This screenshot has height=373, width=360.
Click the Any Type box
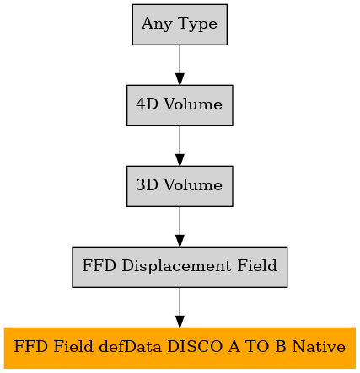click(x=180, y=24)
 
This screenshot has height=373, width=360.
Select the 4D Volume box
click(x=180, y=105)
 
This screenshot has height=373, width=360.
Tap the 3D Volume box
click(x=180, y=186)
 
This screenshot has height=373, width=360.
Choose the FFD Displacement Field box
click(x=180, y=267)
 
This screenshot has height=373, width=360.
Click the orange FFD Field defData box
click(x=180, y=348)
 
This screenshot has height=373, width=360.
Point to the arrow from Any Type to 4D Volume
click(x=180, y=65)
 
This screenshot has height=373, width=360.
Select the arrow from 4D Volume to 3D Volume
click(x=180, y=146)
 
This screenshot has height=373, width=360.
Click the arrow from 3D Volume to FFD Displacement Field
click(x=180, y=226)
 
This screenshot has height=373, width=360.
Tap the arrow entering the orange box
click(x=180, y=307)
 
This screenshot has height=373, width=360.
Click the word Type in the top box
click(x=197, y=24)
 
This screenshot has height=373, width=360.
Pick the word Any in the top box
click(x=157, y=24)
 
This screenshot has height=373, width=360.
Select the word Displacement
click(x=177, y=266)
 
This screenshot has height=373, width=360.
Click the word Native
click(x=319, y=347)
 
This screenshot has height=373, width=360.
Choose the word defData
click(x=131, y=346)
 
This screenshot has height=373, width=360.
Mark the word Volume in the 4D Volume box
click(x=193, y=104)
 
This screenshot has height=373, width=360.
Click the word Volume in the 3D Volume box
click(x=193, y=185)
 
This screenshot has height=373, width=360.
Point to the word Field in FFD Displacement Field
click(x=257, y=265)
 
